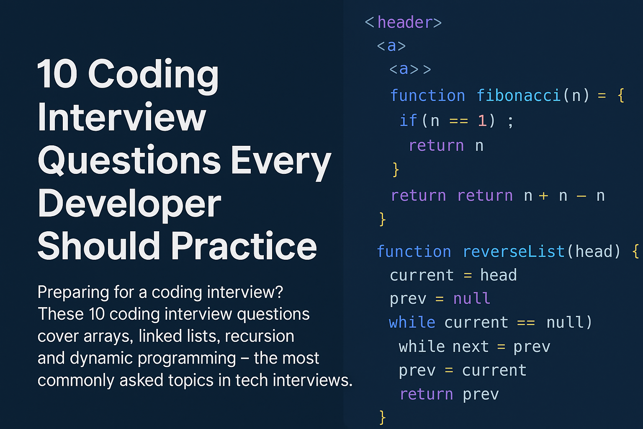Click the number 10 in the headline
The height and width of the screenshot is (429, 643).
pos(57,74)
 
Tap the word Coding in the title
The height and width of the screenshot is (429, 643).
pos(153,76)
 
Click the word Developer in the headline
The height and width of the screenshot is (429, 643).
pos(129,204)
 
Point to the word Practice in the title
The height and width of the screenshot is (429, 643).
pos(244,246)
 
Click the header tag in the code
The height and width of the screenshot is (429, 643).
pos(403,22)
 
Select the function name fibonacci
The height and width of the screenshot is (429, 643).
pos(518,96)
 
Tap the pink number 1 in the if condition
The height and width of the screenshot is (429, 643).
pos(482,121)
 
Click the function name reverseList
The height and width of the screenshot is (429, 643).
pos(514,252)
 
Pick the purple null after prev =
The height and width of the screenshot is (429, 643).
pos(472,298)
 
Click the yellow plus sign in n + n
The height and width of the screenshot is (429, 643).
pos(543,196)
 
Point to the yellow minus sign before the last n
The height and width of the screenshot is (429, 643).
pos(581,196)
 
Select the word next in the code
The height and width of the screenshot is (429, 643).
pos(471,346)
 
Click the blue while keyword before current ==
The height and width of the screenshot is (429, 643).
pos(412,323)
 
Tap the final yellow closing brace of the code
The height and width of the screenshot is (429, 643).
pos(382,417)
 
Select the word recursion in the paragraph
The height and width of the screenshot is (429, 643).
pos(260,336)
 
